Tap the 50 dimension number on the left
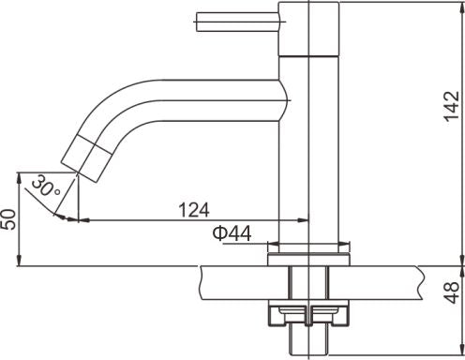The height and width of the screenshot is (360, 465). (10, 220)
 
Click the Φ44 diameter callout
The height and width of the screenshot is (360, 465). (230, 234)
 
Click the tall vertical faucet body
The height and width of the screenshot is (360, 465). (308, 141)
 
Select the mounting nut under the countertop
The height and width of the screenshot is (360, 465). (308, 314)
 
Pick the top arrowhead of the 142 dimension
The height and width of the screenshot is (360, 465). (460, 7)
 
